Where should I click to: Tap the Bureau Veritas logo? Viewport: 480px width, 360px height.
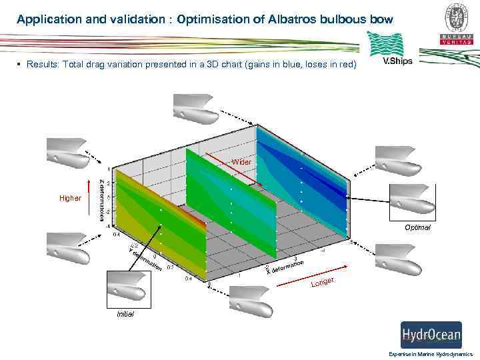pos(456,23)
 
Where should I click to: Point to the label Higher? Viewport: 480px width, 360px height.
pos(70,198)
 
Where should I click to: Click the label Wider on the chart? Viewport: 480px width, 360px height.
pos(242,163)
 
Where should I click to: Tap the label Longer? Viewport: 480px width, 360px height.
pos(323,283)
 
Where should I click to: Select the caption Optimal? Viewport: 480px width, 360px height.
pos(417,227)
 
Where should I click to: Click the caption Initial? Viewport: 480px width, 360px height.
pos(125,314)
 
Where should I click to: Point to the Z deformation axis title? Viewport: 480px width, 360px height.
pos(101,199)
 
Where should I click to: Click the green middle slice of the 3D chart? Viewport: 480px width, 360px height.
pos(231,203)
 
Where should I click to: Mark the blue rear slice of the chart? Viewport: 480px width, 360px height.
pos(303,180)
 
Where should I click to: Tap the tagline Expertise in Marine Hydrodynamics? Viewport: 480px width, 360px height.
pos(430,354)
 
